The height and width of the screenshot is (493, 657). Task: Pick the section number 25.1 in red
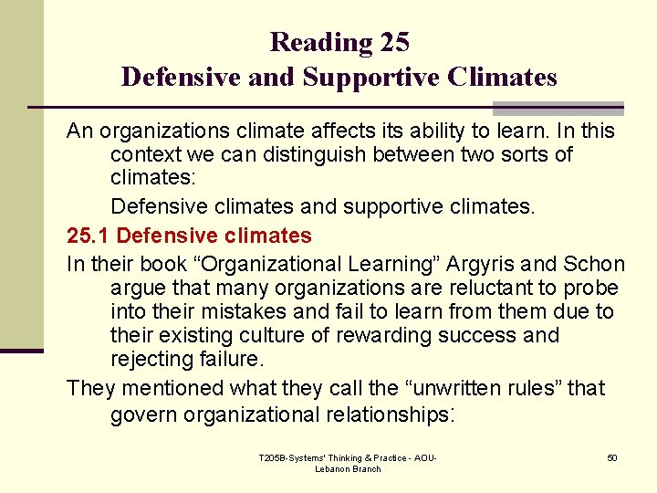(89, 236)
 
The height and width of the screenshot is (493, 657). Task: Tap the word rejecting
(149, 358)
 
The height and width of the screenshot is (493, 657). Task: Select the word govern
(144, 414)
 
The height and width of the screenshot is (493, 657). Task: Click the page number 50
(612, 457)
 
